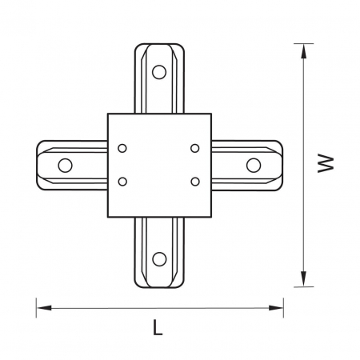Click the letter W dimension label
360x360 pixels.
coord(324,163)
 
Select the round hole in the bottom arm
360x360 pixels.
coord(159,257)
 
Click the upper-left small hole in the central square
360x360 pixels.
coord(122,148)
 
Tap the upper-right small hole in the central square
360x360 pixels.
coord(195,148)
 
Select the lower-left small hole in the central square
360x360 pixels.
coord(122,181)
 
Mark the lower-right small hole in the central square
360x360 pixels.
coord(195,181)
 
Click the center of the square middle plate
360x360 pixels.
coord(159,165)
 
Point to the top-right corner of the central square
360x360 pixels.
coord(210,114)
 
